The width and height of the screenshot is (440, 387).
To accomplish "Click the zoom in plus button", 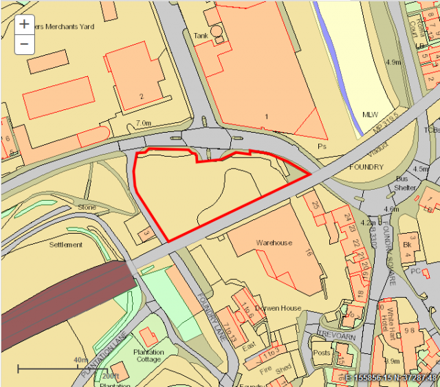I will (24, 24).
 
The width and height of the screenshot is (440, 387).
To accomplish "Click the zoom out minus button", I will (24, 44).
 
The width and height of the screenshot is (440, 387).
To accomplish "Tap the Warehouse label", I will (274, 243).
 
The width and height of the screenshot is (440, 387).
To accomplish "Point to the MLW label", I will (371, 114).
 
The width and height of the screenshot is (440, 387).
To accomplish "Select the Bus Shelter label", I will (406, 183).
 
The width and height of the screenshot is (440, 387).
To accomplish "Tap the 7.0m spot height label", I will (143, 123).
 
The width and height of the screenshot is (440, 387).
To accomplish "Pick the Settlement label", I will (66, 245).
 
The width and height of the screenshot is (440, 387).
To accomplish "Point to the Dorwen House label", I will (278, 309).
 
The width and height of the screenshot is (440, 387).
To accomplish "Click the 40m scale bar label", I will (80, 360).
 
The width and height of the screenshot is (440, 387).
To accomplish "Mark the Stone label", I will (87, 207).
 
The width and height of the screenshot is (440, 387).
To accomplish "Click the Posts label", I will (322, 352).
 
